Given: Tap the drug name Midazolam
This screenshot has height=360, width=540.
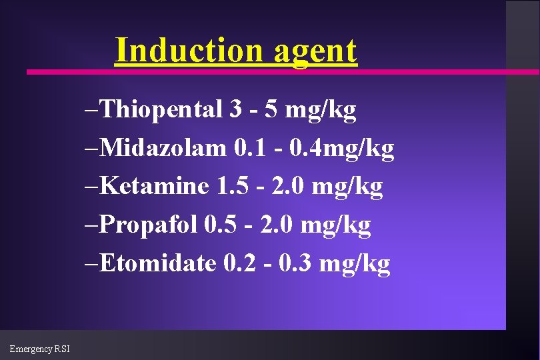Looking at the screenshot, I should (164, 148).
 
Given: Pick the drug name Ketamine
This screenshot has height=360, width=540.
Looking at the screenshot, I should (157, 187).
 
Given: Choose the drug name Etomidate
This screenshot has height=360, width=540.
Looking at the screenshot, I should (159, 264).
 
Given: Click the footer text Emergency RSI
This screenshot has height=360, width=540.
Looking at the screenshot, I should (40, 349).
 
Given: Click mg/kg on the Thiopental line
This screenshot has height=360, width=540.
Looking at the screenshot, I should (321, 111).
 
